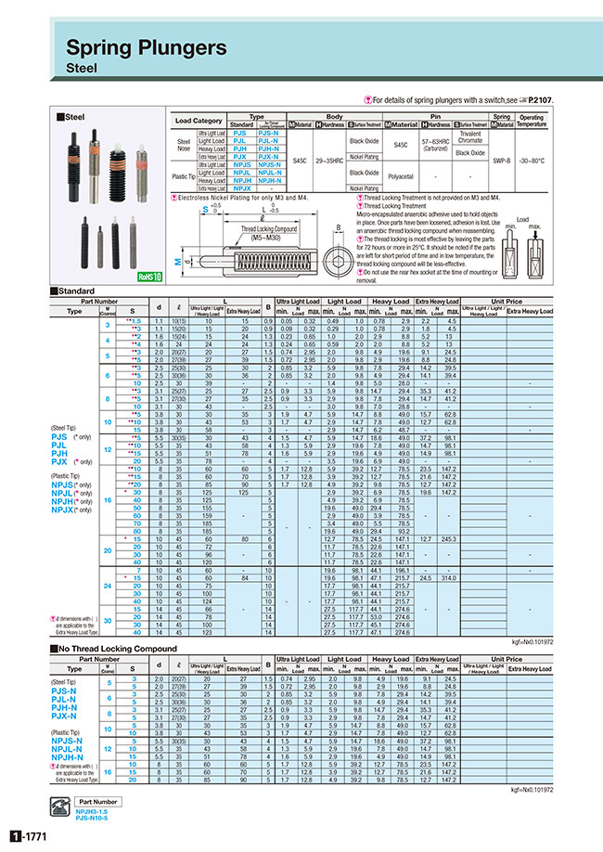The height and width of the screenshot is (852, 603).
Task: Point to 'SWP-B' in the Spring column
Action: [502, 160]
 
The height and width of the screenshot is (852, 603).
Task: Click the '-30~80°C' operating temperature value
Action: [532, 160]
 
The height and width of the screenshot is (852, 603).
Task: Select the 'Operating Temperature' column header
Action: [532, 120]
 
